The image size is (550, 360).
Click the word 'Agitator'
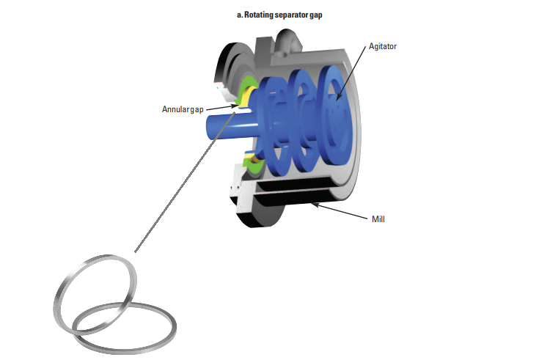point(381,46)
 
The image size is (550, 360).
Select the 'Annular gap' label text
point(183,110)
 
